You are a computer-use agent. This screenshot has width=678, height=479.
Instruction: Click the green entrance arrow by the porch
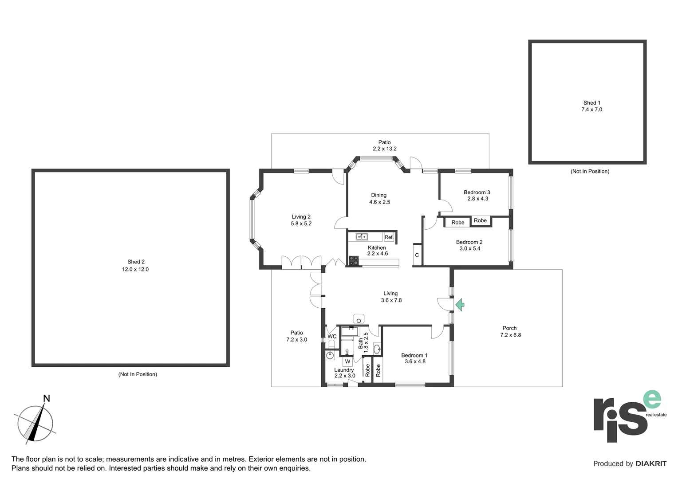[x=460, y=305]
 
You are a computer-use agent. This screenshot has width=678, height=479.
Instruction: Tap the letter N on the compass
[x=46, y=398]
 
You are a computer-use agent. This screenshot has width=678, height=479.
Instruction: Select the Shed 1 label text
[x=591, y=102]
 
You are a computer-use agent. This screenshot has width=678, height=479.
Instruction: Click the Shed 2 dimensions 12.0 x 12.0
[x=135, y=269]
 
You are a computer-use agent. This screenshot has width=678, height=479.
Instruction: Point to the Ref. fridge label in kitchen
[x=389, y=237]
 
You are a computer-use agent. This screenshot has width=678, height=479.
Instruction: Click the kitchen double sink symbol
[x=361, y=237]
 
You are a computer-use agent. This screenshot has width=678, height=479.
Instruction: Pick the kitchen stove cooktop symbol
[x=354, y=261]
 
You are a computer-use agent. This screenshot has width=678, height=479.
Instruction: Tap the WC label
[x=332, y=336]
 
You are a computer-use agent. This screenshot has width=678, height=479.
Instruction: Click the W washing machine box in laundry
[x=347, y=361]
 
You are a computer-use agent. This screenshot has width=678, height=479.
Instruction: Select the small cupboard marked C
[x=417, y=255]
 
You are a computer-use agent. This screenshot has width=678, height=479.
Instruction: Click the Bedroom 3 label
[x=477, y=192]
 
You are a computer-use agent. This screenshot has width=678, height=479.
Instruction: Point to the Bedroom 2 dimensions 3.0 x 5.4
[x=469, y=248]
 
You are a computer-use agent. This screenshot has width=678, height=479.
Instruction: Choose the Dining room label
[x=378, y=195]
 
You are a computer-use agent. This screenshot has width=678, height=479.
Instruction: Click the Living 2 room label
[x=301, y=217]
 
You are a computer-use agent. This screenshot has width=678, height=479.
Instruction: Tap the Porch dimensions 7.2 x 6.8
[x=510, y=335]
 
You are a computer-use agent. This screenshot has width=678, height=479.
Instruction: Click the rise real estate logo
[x=628, y=416]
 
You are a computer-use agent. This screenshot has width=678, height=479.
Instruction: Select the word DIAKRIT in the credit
[x=650, y=463]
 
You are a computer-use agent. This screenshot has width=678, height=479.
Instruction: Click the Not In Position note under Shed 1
[x=590, y=171]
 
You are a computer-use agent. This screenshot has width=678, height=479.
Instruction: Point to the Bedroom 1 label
[x=414, y=355]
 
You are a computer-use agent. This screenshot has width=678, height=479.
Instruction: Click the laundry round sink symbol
[x=330, y=355]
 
